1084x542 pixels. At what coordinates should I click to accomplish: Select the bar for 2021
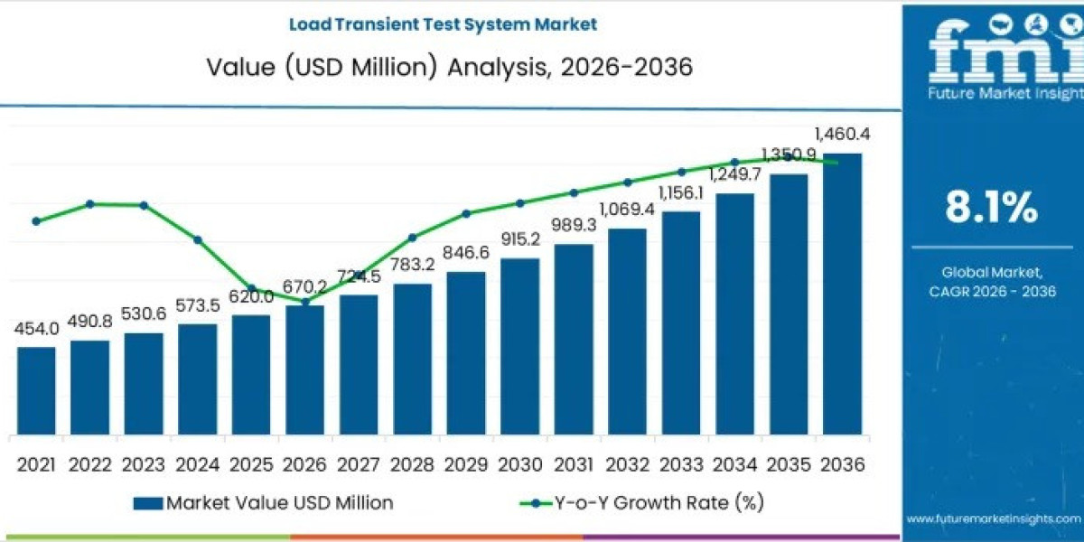coord(36,391)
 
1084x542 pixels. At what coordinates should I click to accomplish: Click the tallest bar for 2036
coord(842,294)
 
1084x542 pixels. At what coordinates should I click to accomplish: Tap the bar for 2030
coord(519,347)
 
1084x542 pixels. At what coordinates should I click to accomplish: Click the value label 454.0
coord(36,329)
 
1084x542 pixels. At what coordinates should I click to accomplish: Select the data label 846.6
coord(466,253)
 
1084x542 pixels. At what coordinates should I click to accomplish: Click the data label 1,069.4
coord(627,210)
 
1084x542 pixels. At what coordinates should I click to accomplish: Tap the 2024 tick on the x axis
coord(197,464)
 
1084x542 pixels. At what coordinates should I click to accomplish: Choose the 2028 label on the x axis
coord(412,464)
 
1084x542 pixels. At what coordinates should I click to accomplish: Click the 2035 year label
coord(788,464)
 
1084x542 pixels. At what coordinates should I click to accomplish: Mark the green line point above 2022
coord(89,204)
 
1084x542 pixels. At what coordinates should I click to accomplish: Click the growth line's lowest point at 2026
coord(305,301)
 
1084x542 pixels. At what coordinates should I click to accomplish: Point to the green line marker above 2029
coord(466,214)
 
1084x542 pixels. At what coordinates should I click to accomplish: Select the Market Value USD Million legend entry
coord(262,503)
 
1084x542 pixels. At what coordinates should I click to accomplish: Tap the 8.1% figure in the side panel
coord(991,209)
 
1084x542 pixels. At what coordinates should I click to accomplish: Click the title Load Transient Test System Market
coord(443,24)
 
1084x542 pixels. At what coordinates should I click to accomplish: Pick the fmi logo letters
coord(994,54)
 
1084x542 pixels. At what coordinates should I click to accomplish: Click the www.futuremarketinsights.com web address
coord(993,519)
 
